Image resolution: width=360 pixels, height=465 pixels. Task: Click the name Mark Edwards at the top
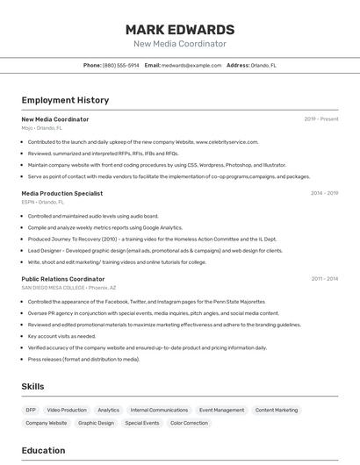point(179,30)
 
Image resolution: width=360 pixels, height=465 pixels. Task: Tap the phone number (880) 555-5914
point(120,65)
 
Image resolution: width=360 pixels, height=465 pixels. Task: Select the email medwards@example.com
point(191,65)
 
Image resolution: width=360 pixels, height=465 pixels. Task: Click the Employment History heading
point(65,100)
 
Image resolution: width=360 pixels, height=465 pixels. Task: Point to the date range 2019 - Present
point(320,119)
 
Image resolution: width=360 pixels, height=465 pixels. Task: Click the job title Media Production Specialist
point(61,193)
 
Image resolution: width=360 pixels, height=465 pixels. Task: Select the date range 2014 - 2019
point(324,193)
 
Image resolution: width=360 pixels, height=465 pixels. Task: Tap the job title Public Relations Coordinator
point(62,279)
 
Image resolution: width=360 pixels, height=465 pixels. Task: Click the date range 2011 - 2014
point(324,279)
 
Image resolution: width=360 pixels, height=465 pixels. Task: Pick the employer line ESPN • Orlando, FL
point(43,202)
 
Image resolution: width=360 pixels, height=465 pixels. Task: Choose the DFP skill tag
point(31,410)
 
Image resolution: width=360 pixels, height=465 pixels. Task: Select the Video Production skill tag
point(67,410)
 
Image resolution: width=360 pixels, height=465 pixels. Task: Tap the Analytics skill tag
point(108,410)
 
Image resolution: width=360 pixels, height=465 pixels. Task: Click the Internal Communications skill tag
point(159,410)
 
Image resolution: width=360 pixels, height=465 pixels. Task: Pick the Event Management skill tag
point(221,410)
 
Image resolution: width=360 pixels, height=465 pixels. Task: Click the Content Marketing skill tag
point(277,410)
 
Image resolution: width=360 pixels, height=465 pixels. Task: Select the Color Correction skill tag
point(189,423)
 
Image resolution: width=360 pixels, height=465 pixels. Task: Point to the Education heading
point(43,451)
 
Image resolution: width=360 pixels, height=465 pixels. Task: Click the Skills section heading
point(32,386)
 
